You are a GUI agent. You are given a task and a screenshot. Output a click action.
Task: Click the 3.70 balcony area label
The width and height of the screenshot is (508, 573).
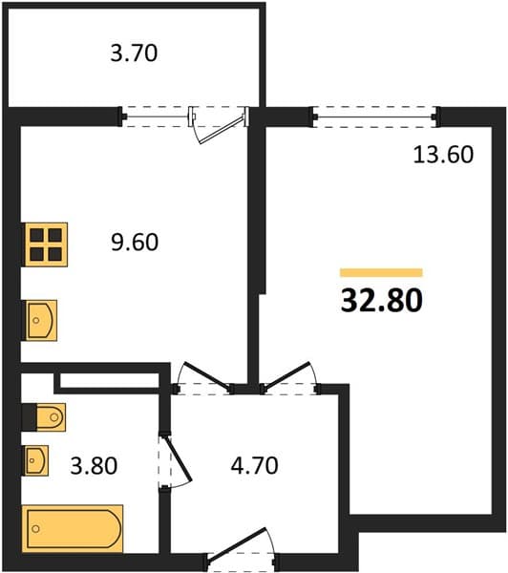tap(134, 53)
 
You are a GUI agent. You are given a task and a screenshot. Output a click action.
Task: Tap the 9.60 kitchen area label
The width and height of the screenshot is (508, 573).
tap(135, 242)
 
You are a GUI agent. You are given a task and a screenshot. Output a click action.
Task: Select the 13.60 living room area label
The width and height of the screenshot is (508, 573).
tap(443, 154)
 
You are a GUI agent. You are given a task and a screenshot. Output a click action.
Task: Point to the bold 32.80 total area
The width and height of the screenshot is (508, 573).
tap(382, 301)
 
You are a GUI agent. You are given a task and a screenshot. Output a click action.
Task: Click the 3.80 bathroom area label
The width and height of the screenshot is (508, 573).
tap(94, 466)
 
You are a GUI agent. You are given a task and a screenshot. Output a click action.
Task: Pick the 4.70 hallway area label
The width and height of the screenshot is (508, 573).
tap(254, 466)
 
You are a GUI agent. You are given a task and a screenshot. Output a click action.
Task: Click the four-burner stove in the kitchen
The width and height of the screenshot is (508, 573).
tap(46, 244)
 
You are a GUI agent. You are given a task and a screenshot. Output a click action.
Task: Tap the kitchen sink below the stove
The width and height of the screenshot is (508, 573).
tap(41, 321)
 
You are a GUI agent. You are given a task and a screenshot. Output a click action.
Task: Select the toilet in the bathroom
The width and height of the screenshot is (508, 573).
tap(44, 417)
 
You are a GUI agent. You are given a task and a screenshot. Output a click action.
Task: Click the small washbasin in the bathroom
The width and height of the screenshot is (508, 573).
tap(36, 460)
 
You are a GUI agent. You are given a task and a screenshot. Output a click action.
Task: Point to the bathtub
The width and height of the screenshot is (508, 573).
tap(73, 528)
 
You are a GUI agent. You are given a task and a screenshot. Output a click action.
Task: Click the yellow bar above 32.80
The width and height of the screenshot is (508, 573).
tap(381, 272)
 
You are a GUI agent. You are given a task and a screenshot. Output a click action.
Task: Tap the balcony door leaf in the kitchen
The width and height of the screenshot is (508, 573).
tap(222, 130)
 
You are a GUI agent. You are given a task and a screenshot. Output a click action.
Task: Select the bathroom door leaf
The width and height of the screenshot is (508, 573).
tap(180, 458)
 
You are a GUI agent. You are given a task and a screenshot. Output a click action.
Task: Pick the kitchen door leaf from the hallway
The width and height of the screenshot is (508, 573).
tap(207, 375)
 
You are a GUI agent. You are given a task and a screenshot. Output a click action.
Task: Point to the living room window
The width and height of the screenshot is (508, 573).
tap(375, 117)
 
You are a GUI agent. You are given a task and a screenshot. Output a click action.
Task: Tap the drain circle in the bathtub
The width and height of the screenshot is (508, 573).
tap(36, 528)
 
